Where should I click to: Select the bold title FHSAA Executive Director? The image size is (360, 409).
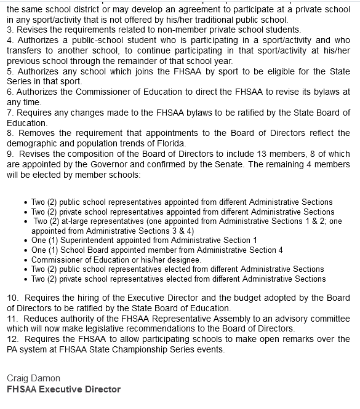[63, 389]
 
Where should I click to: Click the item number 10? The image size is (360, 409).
[12, 298]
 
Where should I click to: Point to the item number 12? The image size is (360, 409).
[12, 339]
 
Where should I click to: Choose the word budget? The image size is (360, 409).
[230, 298]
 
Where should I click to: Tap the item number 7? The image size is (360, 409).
[9, 112]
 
